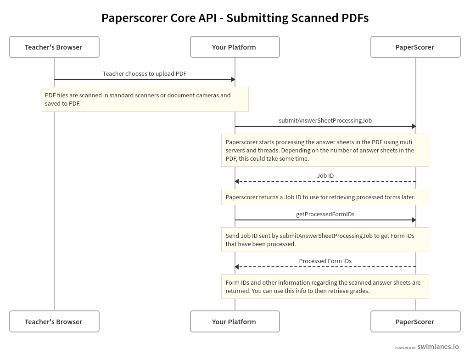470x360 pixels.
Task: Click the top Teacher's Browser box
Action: click(x=54, y=47)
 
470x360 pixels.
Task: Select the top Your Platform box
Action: click(x=235, y=47)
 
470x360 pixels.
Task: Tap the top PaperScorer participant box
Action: click(x=415, y=47)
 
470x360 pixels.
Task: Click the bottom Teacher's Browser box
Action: click(x=54, y=321)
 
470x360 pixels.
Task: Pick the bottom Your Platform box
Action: click(x=235, y=321)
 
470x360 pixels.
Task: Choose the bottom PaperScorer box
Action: click(x=415, y=321)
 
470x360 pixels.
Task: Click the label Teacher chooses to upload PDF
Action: click(x=145, y=73)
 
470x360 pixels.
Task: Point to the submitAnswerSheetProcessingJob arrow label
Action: click(x=325, y=120)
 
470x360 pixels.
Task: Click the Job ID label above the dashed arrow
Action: click(x=325, y=175)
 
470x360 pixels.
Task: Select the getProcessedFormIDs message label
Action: click(x=325, y=214)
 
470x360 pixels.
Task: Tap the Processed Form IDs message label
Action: click(x=325, y=261)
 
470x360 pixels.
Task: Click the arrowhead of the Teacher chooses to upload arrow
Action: click(x=233, y=79)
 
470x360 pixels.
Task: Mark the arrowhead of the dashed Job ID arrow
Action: click(x=237, y=181)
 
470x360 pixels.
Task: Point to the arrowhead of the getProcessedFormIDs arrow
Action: click(x=414, y=220)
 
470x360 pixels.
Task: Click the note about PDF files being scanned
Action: click(x=145, y=99)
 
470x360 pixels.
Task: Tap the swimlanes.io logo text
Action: click(x=438, y=347)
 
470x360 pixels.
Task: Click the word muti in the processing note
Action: click(x=406, y=142)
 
